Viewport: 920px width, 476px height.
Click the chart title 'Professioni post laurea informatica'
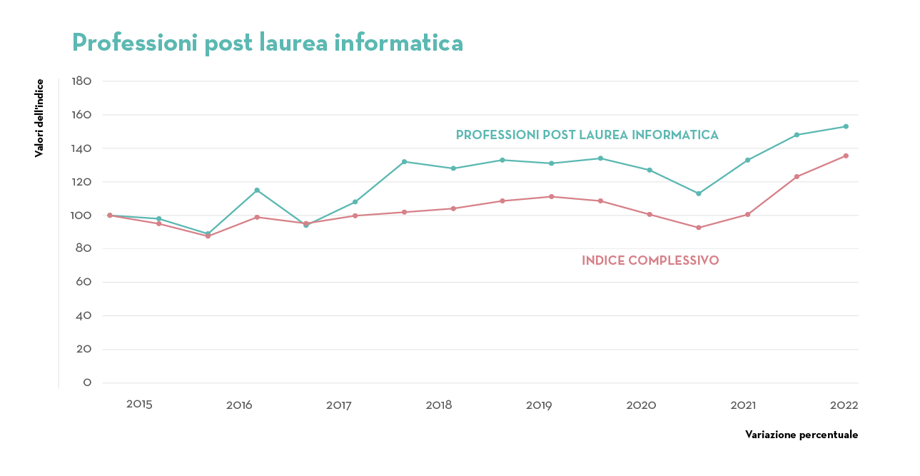point(268,43)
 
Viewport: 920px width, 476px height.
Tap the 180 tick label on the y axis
point(82,81)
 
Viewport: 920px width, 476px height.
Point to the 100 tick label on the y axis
point(82,216)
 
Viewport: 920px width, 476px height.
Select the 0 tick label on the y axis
point(87,383)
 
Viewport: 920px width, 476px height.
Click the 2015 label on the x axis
point(139,405)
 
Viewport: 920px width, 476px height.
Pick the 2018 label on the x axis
point(439,405)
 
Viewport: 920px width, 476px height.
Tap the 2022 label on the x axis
point(844,405)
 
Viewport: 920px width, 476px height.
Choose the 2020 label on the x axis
point(641,405)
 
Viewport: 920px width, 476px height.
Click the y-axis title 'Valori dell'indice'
point(40,118)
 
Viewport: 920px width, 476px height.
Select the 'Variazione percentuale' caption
point(802,435)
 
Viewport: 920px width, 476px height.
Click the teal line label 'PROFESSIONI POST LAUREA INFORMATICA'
point(587,135)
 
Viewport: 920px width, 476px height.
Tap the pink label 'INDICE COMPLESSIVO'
point(650,260)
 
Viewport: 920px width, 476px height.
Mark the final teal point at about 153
point(846,126)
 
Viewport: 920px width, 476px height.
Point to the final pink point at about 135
point(846,156)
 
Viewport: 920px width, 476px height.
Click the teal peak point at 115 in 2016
point(257,191)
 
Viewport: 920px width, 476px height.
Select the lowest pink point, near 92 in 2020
point(699,228)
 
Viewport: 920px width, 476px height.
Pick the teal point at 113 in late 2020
point(699,193)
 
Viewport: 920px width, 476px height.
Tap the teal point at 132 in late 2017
point(404,161)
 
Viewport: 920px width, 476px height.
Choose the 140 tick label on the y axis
point(82,148)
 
